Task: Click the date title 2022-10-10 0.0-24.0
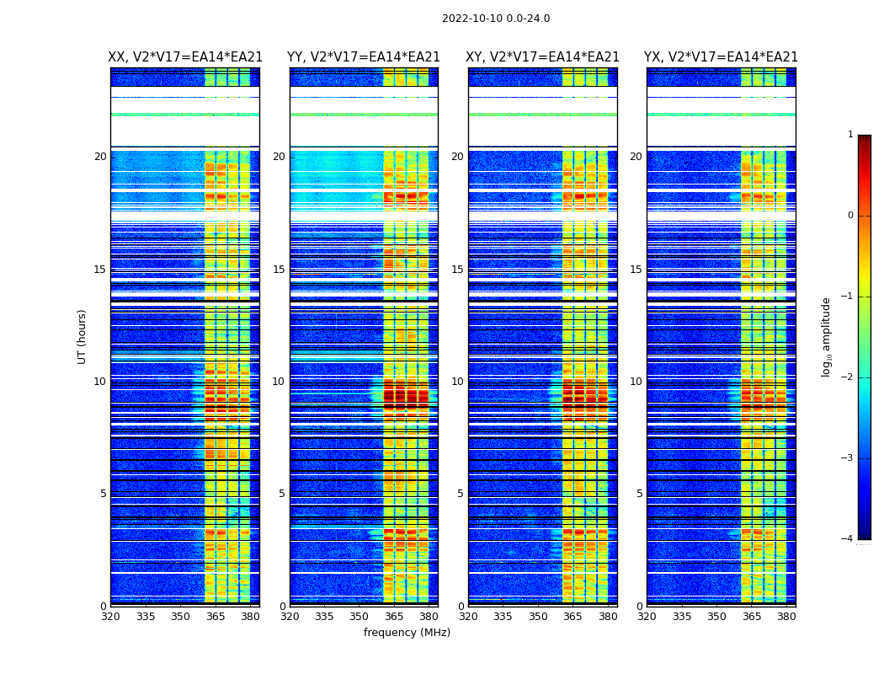coord(496,19)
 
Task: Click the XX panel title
coord(185,57)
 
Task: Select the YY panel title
coord(364,57)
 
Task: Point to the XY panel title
coord(543,57)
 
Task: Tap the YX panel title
coord(722,57)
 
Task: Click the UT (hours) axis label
coord(83,336)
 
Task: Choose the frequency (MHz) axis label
coord(407,633)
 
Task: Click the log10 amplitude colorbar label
coord(827,336)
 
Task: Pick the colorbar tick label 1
coord(850,135)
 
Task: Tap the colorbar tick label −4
coord(848,539)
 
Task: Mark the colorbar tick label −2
coord(848,377)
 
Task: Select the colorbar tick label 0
coord(850,216)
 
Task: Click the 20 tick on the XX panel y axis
coord(100,157)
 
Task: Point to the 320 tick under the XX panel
coord(110,617)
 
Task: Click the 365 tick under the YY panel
coord(394,617)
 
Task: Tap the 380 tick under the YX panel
coord(786,617)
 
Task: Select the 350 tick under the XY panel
coord(538,617)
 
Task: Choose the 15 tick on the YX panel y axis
coord(636,270)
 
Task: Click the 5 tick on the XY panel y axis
coord(461,494)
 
